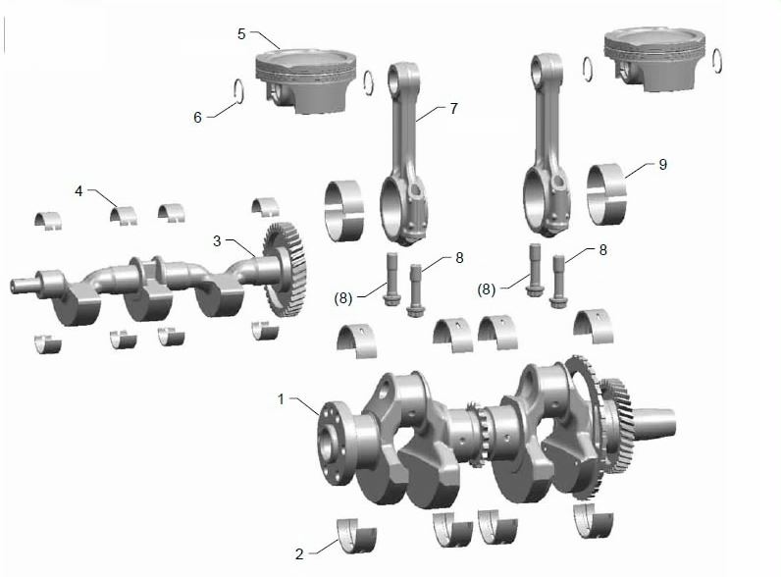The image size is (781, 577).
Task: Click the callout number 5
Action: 241,34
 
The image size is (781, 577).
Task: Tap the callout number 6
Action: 198,117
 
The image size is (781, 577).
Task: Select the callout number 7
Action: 453,108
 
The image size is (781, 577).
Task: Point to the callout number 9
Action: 662,165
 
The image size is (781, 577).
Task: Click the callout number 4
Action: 78,190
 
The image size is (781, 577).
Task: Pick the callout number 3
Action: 217,241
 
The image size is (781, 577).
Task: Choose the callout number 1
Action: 281,399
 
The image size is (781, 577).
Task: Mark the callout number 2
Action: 299,554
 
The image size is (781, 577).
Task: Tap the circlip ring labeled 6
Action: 238,91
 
